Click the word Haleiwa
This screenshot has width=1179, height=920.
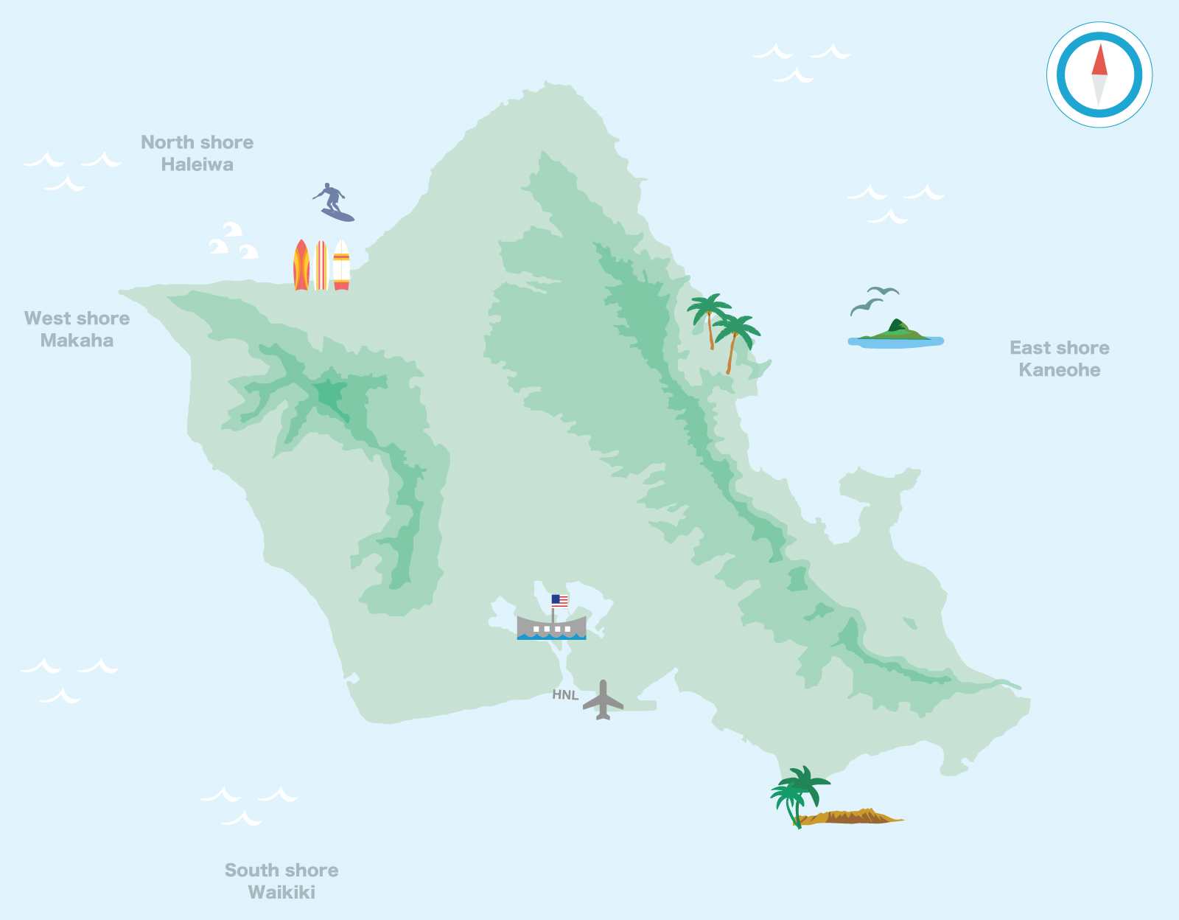click(x=197, y=164)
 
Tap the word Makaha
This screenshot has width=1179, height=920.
click(x=77, y=341)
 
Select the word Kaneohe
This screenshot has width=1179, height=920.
click(x=1059, y=370)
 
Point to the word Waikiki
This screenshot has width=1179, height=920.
click(x=281, y=892)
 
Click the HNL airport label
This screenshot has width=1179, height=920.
click(x=565, y=695)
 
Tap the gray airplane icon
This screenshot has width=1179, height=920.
click(x=603, y=700)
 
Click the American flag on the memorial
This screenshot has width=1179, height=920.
click(x=560, y=601)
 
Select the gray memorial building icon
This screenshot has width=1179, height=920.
click(x=551, y=627)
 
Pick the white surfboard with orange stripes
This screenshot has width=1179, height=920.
click(x=341, y=265)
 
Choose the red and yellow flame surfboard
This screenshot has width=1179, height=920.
click(x=301, y=265)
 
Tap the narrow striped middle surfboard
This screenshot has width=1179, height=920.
click(x=321, y=265)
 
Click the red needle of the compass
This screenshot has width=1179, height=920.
click(x=1099, y=60)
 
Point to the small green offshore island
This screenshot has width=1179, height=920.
click(x=895, y=332)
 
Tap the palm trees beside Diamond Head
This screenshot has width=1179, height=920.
click(x=798, y=792)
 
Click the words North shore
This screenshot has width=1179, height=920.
click(x=197, y=142)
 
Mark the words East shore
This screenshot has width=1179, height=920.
click(x=1059, y=348)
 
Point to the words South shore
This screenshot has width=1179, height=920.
click(x=281, y=870)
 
